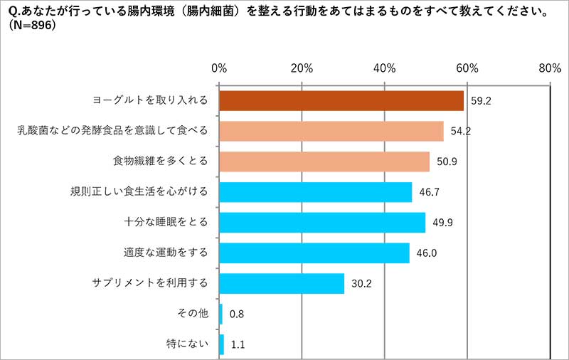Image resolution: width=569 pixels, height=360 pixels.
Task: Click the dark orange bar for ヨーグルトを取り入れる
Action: (341, 101)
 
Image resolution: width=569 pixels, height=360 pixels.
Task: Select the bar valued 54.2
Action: (331, 132)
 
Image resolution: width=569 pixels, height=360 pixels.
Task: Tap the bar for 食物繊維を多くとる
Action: (324, 162)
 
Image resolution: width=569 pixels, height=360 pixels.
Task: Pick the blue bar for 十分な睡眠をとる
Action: (322, 223)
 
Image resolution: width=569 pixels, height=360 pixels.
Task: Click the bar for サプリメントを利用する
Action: (282, 283)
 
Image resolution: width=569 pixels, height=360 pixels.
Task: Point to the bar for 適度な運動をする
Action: (314, 253)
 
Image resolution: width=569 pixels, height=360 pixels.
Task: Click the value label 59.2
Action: (482, 101)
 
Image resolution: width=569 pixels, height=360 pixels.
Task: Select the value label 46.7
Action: (430, 192)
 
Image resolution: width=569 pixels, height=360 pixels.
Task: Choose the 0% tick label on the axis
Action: (220, 68)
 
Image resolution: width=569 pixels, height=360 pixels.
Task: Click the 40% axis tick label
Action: (385, 68)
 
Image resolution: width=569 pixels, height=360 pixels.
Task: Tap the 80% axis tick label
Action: (550, 68)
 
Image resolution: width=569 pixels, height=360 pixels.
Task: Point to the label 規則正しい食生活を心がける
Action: (139, 192)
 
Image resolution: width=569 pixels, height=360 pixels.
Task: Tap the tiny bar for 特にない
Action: (222, 344)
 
